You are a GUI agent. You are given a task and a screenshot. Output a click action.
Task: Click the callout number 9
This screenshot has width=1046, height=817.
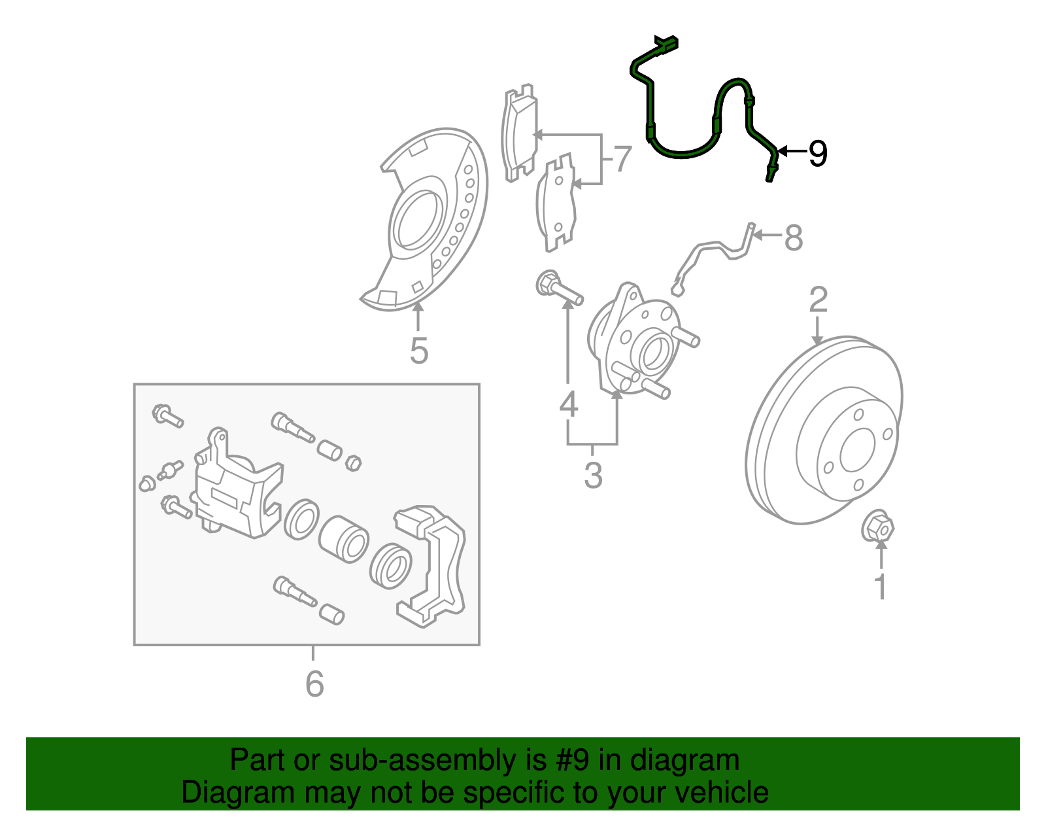[x=817, y=154]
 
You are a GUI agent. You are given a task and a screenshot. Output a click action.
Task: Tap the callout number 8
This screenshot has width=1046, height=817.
[x=793, y=237]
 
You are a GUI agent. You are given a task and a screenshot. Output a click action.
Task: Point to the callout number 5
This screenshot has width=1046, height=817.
[x=419, y=351]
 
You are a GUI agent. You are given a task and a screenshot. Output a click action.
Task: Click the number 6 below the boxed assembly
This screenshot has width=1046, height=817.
[x=314, y=684]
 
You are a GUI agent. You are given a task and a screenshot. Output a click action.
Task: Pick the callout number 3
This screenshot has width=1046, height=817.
[x=593, y=476]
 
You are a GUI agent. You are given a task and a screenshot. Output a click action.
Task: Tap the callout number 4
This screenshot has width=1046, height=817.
[x=569, y=405]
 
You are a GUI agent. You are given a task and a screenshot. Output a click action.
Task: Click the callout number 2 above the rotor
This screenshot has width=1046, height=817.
[x=818, y=300]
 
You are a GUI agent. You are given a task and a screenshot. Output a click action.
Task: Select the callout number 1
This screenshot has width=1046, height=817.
[x=881, y=586]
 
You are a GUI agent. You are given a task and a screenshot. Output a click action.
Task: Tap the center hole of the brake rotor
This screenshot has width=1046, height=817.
[x=857, y=450]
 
